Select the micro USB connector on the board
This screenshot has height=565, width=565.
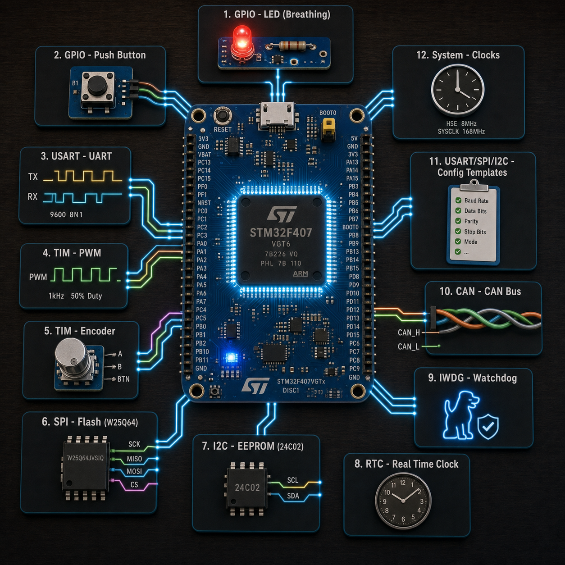[x=277, y=116]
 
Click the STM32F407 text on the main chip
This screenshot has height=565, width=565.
[x=281, y=233]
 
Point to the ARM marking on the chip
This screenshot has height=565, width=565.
[x=301, y=273]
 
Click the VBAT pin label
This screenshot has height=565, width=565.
[x=205, y=154]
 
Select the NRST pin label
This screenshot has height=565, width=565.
[x=204, y=203]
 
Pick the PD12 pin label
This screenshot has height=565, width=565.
[x=353, y=310]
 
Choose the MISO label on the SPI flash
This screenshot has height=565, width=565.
[x=134, y=459]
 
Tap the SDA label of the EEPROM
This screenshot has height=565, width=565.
[x=293, y=496]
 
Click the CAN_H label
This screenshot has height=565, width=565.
[x=409, y=333]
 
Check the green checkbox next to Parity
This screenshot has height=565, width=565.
[x=458, y=221]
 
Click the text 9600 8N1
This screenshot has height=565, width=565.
[x=66, y=214]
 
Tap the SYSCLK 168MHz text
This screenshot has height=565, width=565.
[x=461, y=132]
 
